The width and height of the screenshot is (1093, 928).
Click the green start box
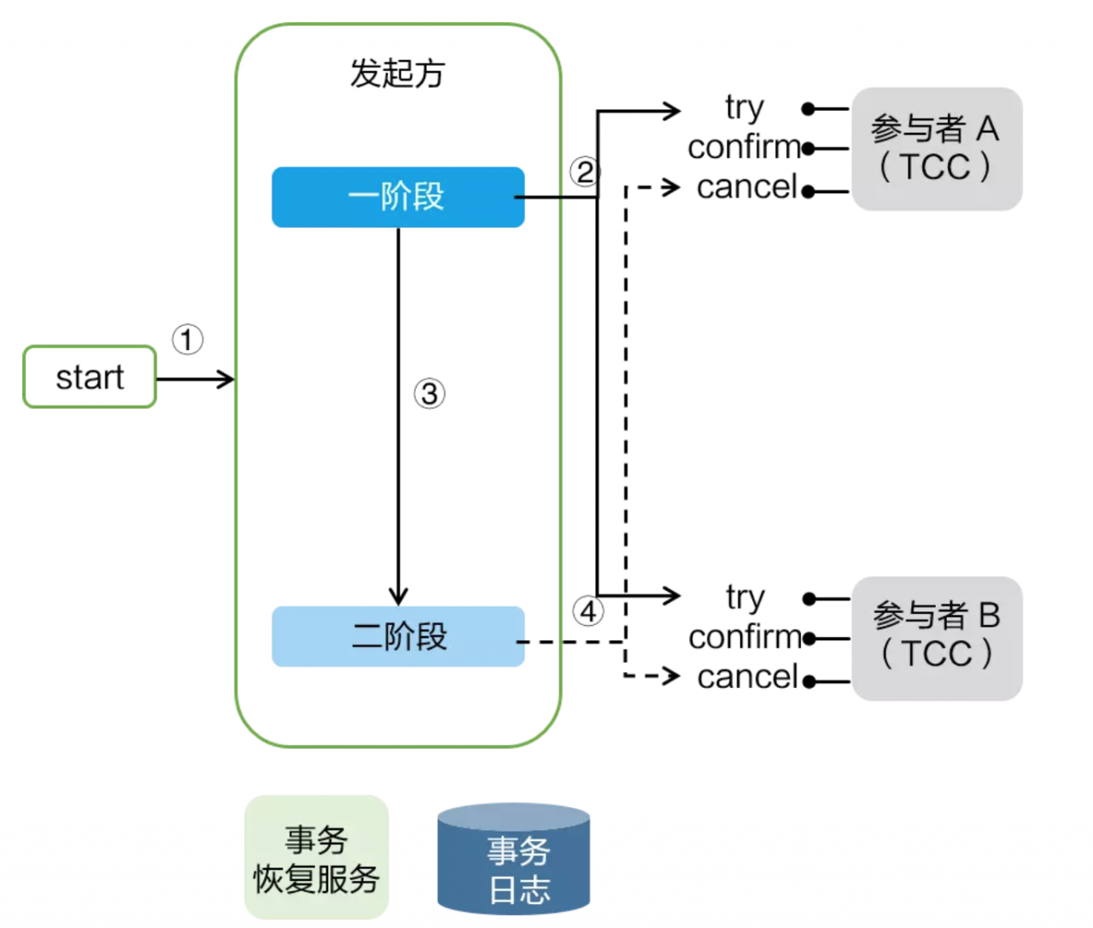tap(90, 376)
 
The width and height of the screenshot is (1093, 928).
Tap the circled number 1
tap(188, 340)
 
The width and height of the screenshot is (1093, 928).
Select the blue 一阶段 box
tap(398, 197)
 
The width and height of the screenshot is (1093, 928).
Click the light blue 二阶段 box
tap(398, 637)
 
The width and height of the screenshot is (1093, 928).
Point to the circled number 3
tap(430, 394)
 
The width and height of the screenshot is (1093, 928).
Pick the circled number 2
tap(585, 172)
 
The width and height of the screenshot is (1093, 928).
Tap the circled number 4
tap(588, 611)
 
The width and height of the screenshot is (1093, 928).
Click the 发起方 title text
tap(398, 73)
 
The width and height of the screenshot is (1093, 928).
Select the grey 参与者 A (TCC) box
tap(937, 149)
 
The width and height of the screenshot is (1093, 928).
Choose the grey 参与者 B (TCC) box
tap(937, 638)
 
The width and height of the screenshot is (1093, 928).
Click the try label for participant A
tap(745, 108)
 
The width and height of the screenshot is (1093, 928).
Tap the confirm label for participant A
tap(745, 148)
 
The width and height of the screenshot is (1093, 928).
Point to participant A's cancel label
tap(747, 187)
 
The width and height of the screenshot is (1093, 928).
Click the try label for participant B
tap(745, 598)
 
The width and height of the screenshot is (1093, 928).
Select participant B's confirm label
tap(745, 637)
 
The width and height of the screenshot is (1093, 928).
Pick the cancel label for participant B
tap(747, 677)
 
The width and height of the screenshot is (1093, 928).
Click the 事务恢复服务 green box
tap(317, 858)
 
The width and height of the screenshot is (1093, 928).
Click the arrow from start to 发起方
tap(196, 379)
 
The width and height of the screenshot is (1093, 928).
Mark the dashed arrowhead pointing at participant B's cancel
tap(672, 677)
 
